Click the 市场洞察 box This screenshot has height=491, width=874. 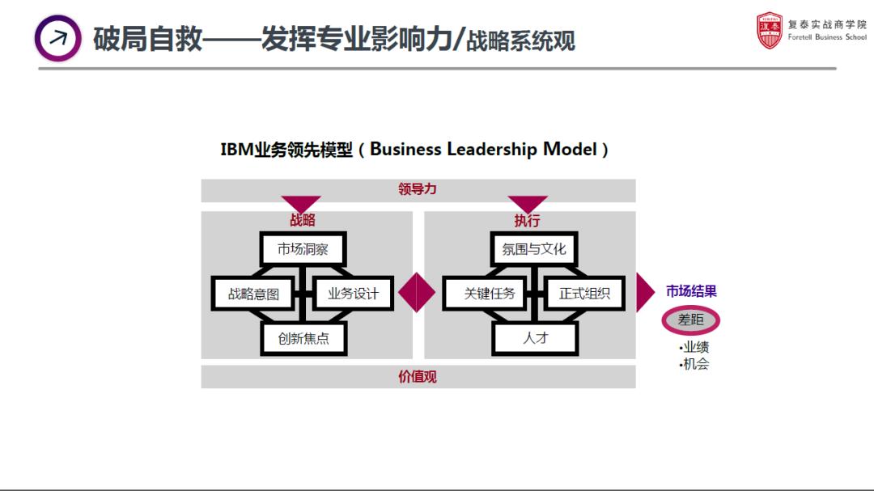(303, 249)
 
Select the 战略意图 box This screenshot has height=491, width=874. (253, 294)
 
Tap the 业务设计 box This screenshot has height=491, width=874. (352, 294)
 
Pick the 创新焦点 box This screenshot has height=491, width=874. (303, 338)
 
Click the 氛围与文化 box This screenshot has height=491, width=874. (534, 249)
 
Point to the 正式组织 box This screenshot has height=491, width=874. (584, 294)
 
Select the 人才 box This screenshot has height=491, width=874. (535, 338)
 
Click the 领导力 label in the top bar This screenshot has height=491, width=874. (418, 189)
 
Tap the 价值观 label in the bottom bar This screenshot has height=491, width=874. (418, 377)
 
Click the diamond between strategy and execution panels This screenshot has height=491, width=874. (418, 293)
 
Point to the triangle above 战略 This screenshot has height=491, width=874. (301, 203)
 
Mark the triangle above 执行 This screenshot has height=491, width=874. (528, 203)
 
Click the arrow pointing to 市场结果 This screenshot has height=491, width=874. (644, 293)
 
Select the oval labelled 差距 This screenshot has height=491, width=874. (690, 320)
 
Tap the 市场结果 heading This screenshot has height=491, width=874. (691, 291)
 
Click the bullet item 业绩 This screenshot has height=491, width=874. (694, 348)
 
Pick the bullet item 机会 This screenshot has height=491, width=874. (694, 364)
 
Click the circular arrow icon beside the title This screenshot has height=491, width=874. (58, 38)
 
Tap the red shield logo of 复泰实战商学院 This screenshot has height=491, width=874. (770, 31)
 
